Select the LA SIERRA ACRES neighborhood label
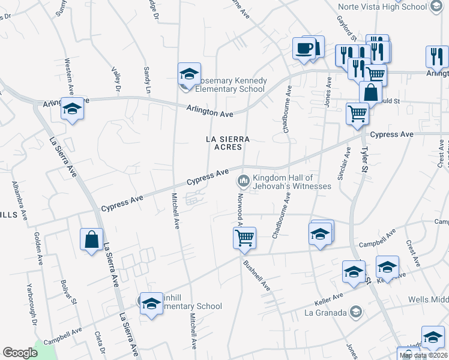[x=223, y=143]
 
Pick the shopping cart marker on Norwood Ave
[x=244, y=238]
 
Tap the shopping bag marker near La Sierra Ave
[x=91, y=240]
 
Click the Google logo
[x=20, y=353]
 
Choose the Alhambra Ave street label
[x=19, y=201]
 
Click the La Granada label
[x=325, y=313]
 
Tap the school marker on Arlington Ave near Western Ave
[x=72, y=110]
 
